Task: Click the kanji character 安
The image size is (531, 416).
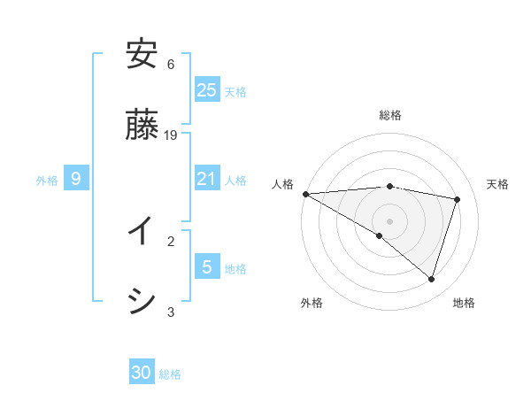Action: tap(142, 55)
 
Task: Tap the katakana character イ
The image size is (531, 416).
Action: tap(142, 231)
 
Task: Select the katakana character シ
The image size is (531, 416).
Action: tap(142, 301)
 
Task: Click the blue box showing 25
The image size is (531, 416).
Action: tap(207, 90)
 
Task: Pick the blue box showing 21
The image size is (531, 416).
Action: tap(207, 180)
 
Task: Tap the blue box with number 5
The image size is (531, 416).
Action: tap(207, 266)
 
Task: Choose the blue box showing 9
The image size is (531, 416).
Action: tap(76, 180)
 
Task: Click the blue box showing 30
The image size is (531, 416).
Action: tap(142, 373)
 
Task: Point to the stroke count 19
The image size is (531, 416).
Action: tap(172, 135)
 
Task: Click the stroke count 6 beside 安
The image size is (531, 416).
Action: tap(171, 65)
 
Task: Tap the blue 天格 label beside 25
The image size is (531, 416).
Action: tap(235, 92)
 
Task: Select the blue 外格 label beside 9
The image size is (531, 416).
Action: tap(47, 181)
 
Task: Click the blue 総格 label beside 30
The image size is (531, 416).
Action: tap(170, 374)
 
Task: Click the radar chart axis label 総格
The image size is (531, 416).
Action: tap(390, 115)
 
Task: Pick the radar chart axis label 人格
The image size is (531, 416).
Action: tap(282, 184)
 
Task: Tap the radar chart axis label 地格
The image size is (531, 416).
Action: tap(464, 303)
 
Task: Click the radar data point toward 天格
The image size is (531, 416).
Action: tap(458, 199)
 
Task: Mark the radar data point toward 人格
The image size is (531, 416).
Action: tap(305, 194)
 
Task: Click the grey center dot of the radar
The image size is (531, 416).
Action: tap(390, 220)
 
